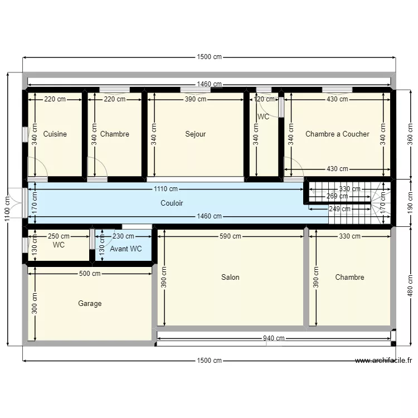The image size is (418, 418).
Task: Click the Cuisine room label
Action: [55, 134]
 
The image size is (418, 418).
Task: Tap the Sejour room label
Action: [196, 134]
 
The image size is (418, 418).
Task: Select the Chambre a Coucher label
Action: [337, 134]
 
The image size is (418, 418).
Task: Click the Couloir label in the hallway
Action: [172, 203]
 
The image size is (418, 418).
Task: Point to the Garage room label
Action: [90, 304]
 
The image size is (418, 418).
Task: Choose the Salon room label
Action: [230, 277]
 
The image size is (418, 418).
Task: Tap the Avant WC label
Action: [125, 249]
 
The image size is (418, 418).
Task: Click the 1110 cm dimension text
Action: [166, 189]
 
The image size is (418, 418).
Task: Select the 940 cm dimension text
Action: [273, 338]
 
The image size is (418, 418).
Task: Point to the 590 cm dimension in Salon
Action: [230, 236]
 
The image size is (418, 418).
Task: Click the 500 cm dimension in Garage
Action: [89, 274]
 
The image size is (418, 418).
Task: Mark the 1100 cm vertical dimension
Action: [7, 209]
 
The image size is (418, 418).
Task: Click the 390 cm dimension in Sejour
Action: [196, 99]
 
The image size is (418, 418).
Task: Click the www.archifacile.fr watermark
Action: [383, 361]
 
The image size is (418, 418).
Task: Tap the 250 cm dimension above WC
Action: [59, 236]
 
